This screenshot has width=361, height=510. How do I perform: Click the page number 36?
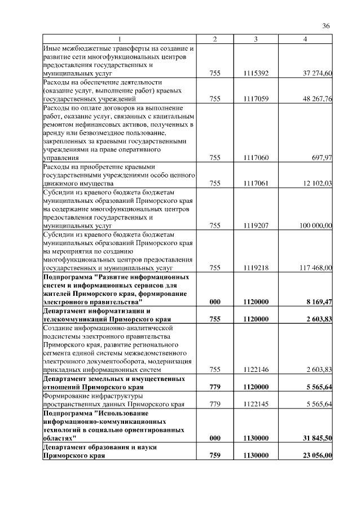coord(325,25)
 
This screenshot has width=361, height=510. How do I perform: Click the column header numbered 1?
coord(119,39)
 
